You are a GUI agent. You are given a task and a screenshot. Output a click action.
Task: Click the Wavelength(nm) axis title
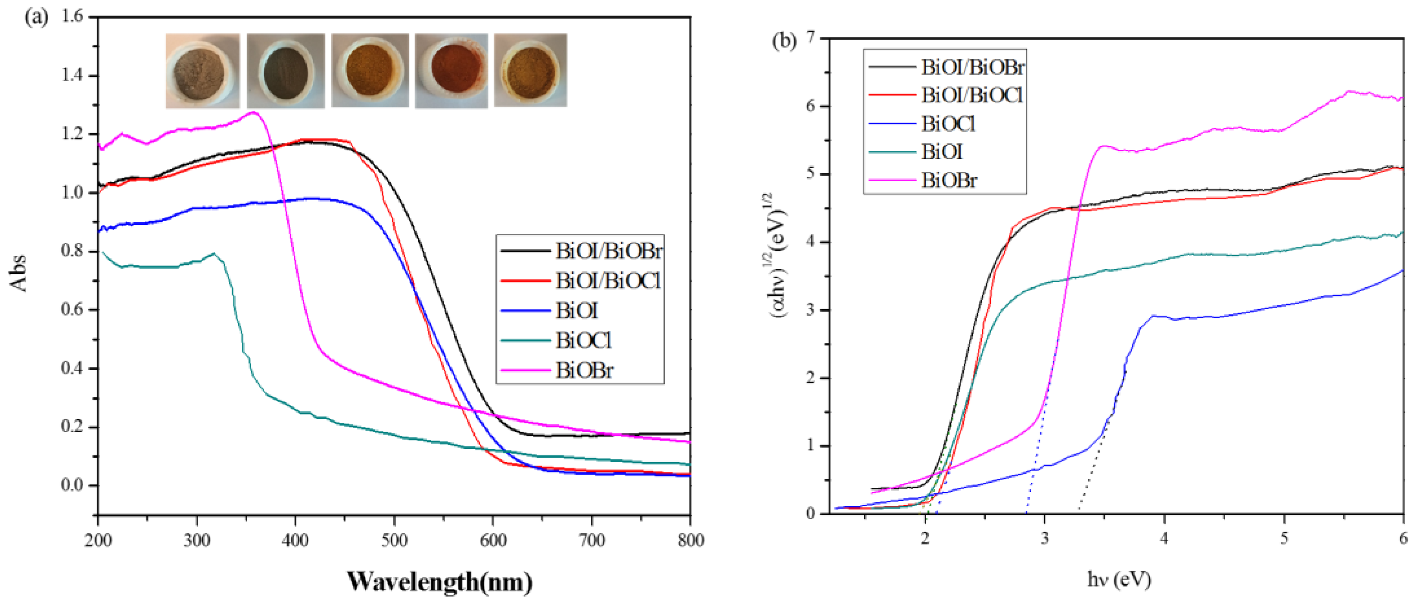[439, 581]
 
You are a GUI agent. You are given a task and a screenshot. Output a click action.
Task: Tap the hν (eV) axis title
[1119, 579]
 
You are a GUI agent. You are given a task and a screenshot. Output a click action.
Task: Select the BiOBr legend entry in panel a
[584, 370]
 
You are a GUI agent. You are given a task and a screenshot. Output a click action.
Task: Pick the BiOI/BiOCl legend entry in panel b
[971, 95]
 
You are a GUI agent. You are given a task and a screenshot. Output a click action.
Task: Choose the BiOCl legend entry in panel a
[583, 341]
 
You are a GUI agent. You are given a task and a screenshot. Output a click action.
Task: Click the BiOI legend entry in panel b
[942, 152]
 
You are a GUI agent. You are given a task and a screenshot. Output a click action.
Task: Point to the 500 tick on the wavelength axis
[394, 541]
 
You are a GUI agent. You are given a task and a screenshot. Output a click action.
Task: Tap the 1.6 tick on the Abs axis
[72, 16]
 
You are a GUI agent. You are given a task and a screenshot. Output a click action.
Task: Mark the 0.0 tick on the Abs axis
[72, 485]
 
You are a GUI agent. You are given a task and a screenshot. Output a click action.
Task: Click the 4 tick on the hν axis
[1164, 538]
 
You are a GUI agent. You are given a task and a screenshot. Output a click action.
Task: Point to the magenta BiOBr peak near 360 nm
[253, 112]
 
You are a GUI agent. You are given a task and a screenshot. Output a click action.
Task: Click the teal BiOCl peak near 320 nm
[214, 253]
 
